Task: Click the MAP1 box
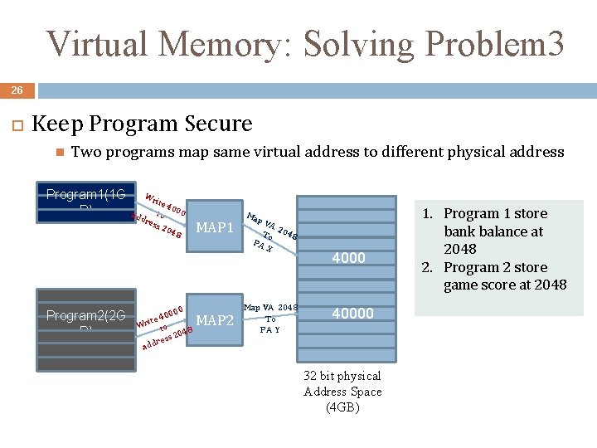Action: pos(214,226)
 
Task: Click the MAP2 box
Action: pos(214,319)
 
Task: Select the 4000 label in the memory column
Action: pos(348,258)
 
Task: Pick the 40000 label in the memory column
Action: pos(352,314)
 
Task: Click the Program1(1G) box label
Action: pos(85,195)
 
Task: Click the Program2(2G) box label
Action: pos(85,315)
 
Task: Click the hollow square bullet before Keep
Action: pos(14,124)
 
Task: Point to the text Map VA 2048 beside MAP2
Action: pos(271,308)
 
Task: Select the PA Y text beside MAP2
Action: pos(270,329)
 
